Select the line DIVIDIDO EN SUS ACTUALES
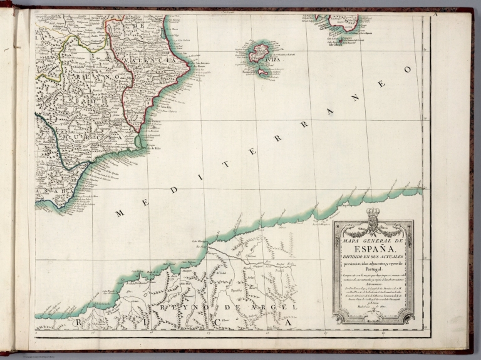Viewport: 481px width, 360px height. (372, 254)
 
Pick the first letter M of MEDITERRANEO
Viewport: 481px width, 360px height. (119, 213)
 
